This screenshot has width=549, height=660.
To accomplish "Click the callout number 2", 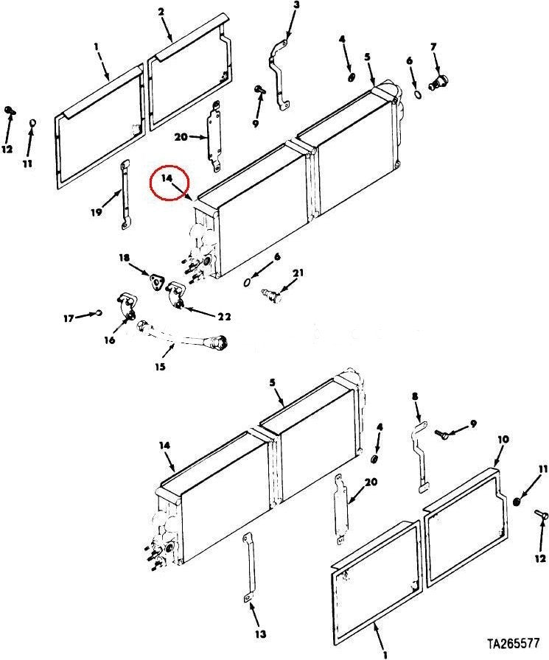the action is [161, 12].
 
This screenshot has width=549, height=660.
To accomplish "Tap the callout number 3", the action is [296, 5].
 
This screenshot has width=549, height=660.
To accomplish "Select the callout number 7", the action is [433, 46].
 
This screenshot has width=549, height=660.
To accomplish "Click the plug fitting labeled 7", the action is [439, 81].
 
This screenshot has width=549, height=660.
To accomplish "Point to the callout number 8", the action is [415, 396].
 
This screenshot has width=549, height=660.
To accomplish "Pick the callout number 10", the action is [503, 440].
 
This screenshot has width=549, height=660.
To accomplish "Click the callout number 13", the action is [261, 634].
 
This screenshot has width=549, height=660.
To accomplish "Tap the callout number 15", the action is [160, 367].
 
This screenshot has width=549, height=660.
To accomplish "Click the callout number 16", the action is [110, 340].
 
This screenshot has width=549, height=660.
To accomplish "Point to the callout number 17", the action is [69, 319].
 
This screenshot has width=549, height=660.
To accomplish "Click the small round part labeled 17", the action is [99, 312].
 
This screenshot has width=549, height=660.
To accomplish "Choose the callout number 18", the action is [125, 258].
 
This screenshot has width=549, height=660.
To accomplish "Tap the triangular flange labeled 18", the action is [156, 281].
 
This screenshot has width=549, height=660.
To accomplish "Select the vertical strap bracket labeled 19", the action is [125, 195].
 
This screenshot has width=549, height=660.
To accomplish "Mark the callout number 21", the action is [298, 273].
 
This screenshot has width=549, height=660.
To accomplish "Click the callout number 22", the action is [225, 317].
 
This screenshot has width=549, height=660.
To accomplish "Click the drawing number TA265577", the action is [514, 644].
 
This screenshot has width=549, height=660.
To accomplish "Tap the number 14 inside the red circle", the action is [167, 178].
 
